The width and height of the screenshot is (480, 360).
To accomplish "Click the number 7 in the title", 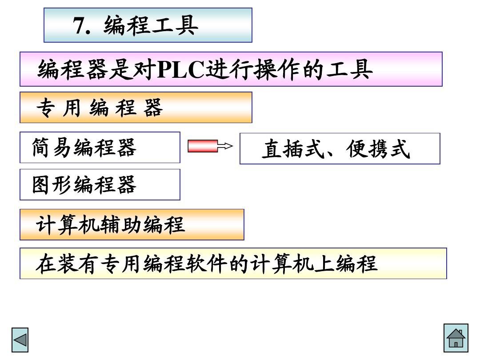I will click(x=79, y=26).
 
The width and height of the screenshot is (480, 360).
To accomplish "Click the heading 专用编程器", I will click(x=100, y=108).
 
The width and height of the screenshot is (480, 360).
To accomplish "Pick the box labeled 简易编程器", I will click(x=100, y=148).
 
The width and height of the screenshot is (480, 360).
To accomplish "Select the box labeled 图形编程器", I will click(x=100, y=184).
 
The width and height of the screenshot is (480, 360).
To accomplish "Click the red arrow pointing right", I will click(x=203, y=146).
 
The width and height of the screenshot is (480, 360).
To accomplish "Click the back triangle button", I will click(x=20, y=340).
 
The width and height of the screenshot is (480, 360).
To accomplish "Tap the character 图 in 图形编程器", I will click(x=41, y=185).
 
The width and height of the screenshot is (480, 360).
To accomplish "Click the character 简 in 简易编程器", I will click(x=41, y=148).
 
